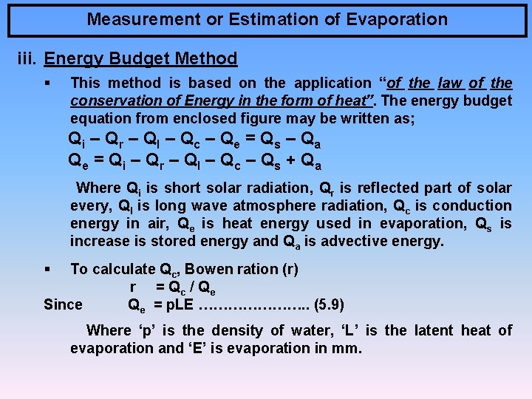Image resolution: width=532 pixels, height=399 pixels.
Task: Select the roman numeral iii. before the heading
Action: (x=27, y=58)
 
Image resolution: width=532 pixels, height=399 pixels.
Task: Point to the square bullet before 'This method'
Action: (x=47, y=83)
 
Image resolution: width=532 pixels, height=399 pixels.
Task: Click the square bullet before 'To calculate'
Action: (x=47, y=269)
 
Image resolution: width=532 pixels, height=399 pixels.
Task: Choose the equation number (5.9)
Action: (x=329, y=304)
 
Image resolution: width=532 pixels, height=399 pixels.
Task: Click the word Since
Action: (x=64, y=304)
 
